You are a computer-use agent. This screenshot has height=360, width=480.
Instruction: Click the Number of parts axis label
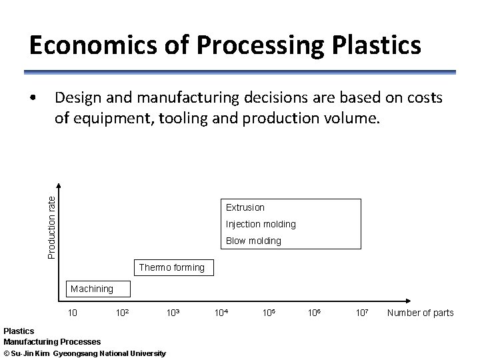pos(420,313)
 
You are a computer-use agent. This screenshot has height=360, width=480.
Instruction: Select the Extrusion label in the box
pos(245,207)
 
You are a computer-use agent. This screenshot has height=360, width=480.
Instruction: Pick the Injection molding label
pos(260,224)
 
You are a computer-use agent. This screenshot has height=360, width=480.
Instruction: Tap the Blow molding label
pos(253,241)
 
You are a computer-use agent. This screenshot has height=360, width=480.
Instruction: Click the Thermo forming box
pos(172,268)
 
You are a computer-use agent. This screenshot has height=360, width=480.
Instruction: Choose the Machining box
pos(92,289)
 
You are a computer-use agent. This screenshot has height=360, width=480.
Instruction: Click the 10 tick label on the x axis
pos(73,313)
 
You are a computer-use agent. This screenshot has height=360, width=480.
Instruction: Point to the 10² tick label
pos(122,313)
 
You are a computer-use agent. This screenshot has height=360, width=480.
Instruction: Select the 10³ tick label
pos(173,313)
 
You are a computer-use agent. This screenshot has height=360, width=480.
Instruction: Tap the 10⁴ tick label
pos(221,313)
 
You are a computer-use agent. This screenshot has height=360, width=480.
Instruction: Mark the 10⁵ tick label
pos(269,313)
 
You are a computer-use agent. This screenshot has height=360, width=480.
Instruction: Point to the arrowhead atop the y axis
pos(59,187)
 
